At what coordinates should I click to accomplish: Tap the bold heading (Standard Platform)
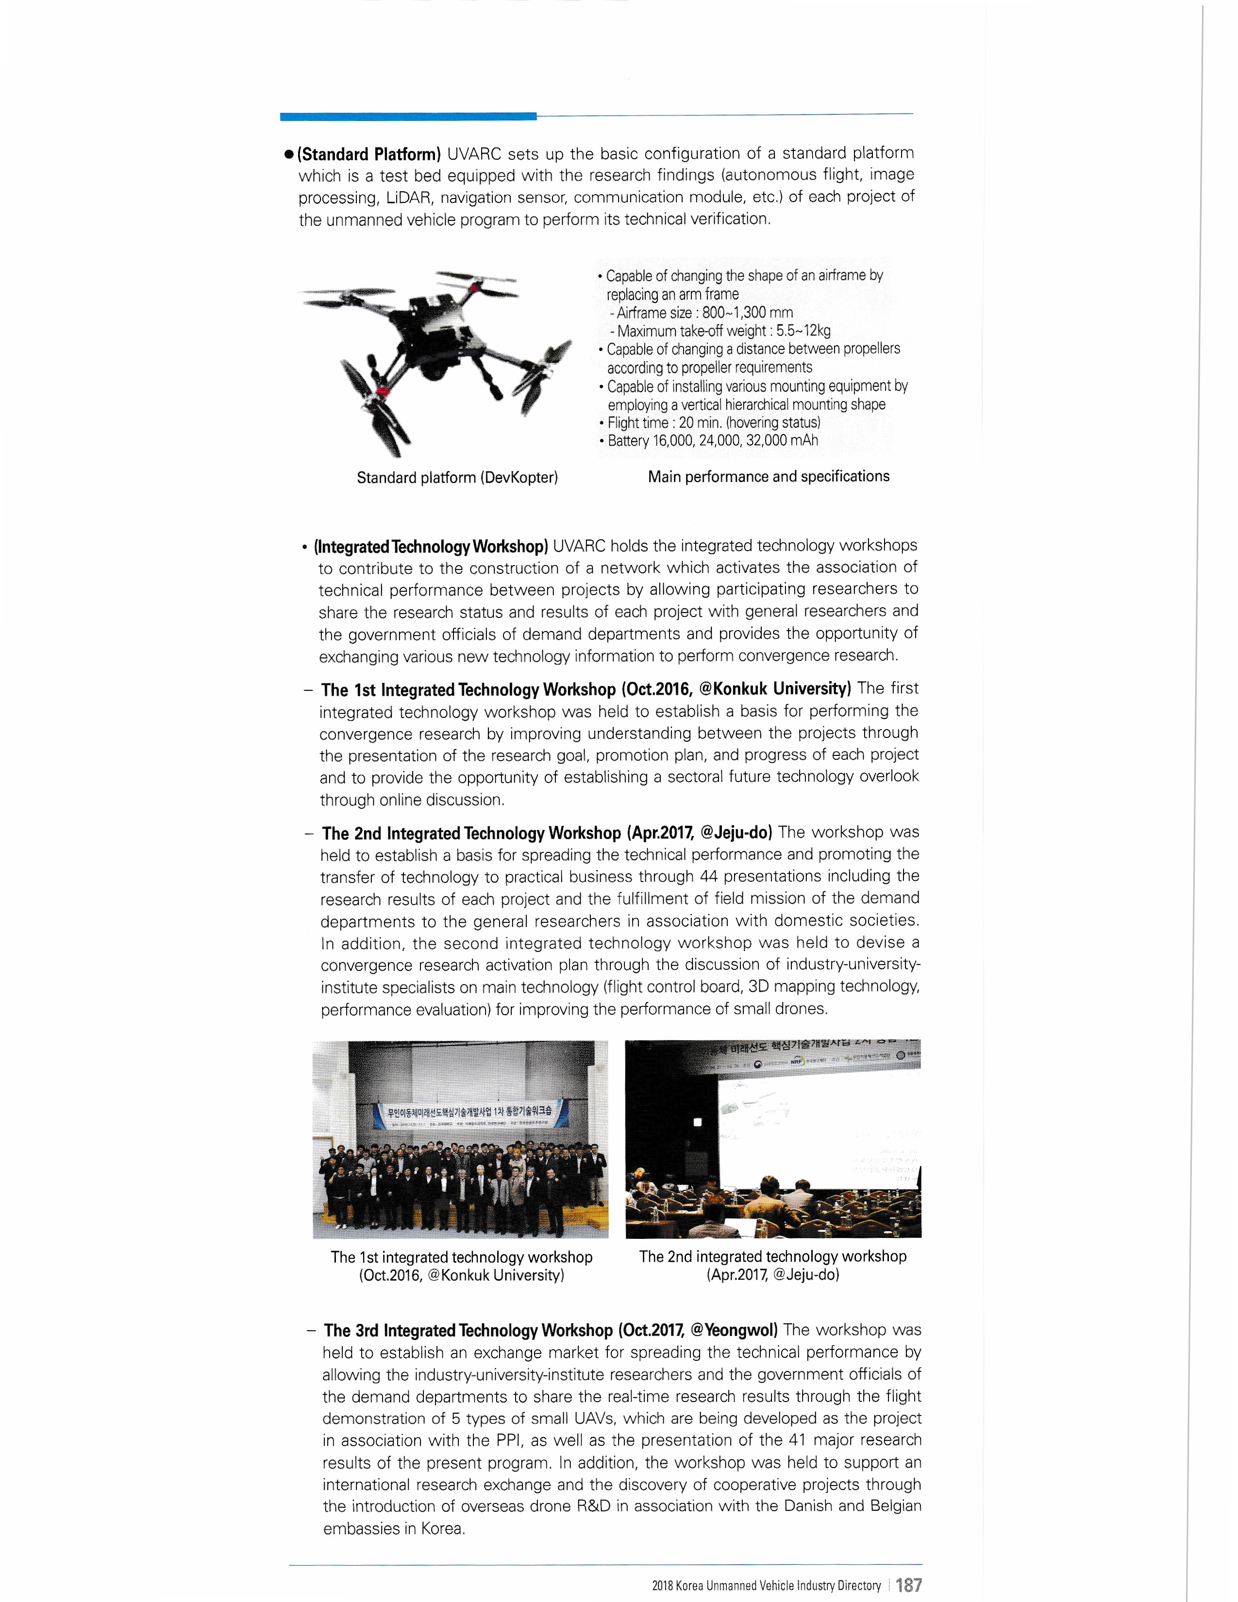369,154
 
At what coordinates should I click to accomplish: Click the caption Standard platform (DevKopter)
457,478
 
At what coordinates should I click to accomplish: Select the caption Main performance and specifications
768,476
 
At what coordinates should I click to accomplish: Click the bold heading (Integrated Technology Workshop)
431,547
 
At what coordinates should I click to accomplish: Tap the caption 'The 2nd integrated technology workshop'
772,1256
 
